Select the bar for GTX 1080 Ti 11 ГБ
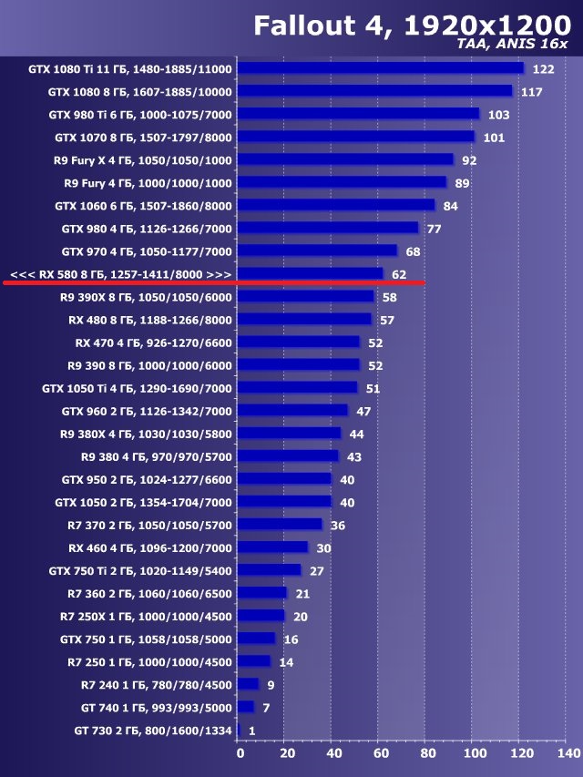382,68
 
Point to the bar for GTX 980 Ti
358,114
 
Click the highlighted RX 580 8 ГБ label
120,274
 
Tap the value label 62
399,274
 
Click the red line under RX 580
214,283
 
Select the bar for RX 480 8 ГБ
306,320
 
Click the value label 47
363,412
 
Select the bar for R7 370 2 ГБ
281,526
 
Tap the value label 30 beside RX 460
323,548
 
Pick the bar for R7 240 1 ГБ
250,685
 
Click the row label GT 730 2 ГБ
153,731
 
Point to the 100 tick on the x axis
475,753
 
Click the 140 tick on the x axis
568,753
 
